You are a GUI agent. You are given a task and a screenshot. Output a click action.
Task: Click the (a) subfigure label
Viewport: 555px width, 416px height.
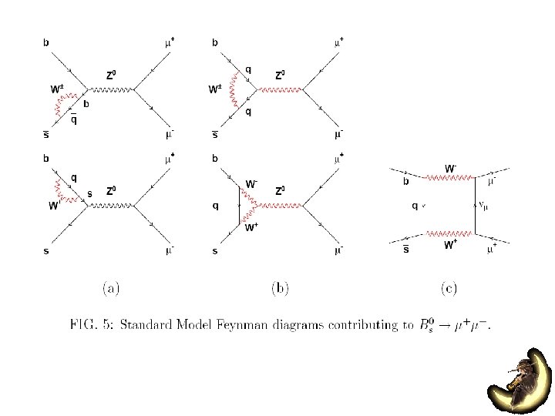tap(110, 289)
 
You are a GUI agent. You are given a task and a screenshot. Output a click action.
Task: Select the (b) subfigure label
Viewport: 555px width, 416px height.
tap(280, 289)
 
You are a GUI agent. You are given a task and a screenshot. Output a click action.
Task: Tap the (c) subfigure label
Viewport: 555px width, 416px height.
tap(449, 289)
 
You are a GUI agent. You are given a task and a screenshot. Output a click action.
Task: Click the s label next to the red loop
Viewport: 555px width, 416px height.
tap(89, 193)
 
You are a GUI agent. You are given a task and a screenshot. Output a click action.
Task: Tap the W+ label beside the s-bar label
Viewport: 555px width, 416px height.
tap(450, 244)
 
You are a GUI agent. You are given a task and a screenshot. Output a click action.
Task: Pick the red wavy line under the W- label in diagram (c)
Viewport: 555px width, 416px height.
tap(449, 177)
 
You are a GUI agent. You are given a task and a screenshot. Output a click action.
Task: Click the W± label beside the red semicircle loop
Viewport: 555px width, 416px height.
tap(57, 89)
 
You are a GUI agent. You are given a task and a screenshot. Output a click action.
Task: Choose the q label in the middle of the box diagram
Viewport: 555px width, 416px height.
tap(415, 206)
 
